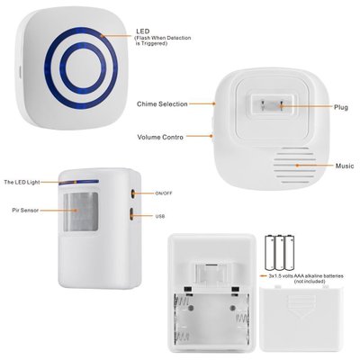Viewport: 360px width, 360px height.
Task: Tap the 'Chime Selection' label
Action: tap(163, 104)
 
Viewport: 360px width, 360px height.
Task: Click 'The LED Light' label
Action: tap(21, 183)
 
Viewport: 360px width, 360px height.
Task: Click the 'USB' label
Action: tap(160, 216)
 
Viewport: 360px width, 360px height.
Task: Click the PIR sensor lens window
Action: tap(82, 216)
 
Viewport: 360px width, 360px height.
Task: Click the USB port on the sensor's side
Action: tap(134, 215)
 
